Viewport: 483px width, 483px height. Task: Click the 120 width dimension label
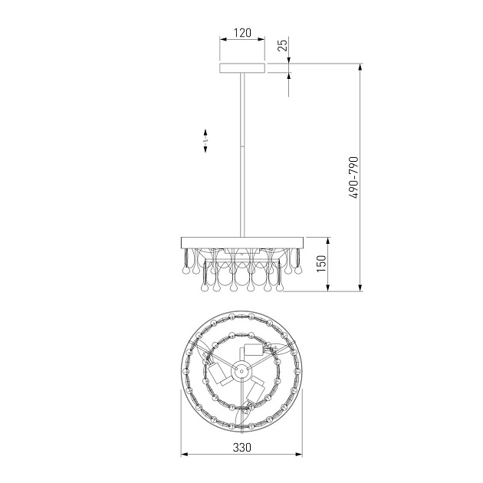point(242,33)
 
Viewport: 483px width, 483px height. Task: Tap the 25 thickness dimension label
point(283,44)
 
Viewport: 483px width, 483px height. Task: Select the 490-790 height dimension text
point(354,177)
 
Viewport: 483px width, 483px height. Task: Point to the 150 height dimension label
point(321,264)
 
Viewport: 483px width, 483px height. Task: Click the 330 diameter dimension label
point(242,447)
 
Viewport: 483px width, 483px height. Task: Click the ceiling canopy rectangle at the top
point(242,68)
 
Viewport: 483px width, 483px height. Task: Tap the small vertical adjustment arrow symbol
point(205,140)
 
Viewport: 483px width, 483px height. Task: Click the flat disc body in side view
point(242,242)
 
